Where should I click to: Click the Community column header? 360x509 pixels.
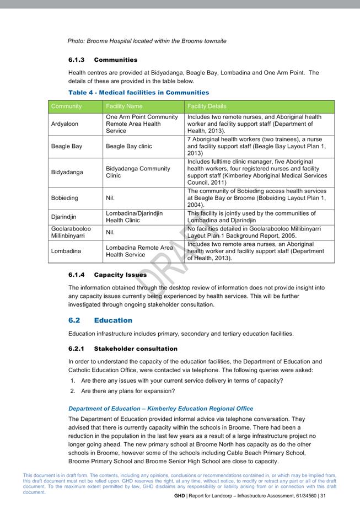66,106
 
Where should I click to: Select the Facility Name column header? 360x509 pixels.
124,106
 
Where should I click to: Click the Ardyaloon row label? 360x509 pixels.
64,124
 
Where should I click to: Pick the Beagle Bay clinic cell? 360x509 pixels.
128,146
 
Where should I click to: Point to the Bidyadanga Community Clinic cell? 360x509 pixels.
138,172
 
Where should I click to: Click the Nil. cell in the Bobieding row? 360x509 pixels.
111,198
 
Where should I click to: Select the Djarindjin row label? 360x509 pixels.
64,217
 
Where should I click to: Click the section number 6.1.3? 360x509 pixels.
76,60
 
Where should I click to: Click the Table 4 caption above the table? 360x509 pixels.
138,93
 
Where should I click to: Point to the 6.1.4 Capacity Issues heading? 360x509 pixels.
108,275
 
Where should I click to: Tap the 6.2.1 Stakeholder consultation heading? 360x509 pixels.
123,349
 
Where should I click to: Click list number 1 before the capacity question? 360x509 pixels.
72,381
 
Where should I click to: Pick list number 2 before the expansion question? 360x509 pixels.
72,391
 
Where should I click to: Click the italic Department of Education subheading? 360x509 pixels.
160,409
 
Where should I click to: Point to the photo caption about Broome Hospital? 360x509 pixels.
147,41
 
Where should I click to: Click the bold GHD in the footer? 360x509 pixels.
179,496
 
